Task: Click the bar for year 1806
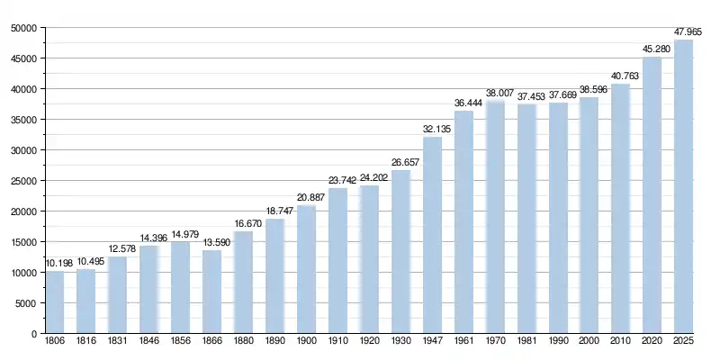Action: pos(55,302)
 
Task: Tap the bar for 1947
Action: pos(432,235)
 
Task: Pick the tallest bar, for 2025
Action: pos(684,186)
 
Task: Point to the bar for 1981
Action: pos(526,219)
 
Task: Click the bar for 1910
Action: pos(337,261)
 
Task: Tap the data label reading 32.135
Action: pos(432,130)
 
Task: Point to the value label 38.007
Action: pos(495,94)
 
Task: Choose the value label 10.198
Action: pos(55,265)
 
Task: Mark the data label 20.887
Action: pos(306,199)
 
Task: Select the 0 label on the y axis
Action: pos(32,334)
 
